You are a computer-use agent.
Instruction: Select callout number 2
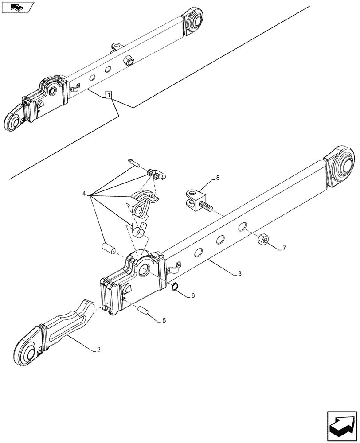click(x=98, y=350)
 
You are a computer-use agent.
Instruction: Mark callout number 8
click(x=217, y=178)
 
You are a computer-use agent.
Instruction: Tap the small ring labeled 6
click(x=176, y=288)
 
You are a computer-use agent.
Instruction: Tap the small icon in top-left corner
click(x=17, y=7)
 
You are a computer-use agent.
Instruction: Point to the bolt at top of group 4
click(x=133, y=163)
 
